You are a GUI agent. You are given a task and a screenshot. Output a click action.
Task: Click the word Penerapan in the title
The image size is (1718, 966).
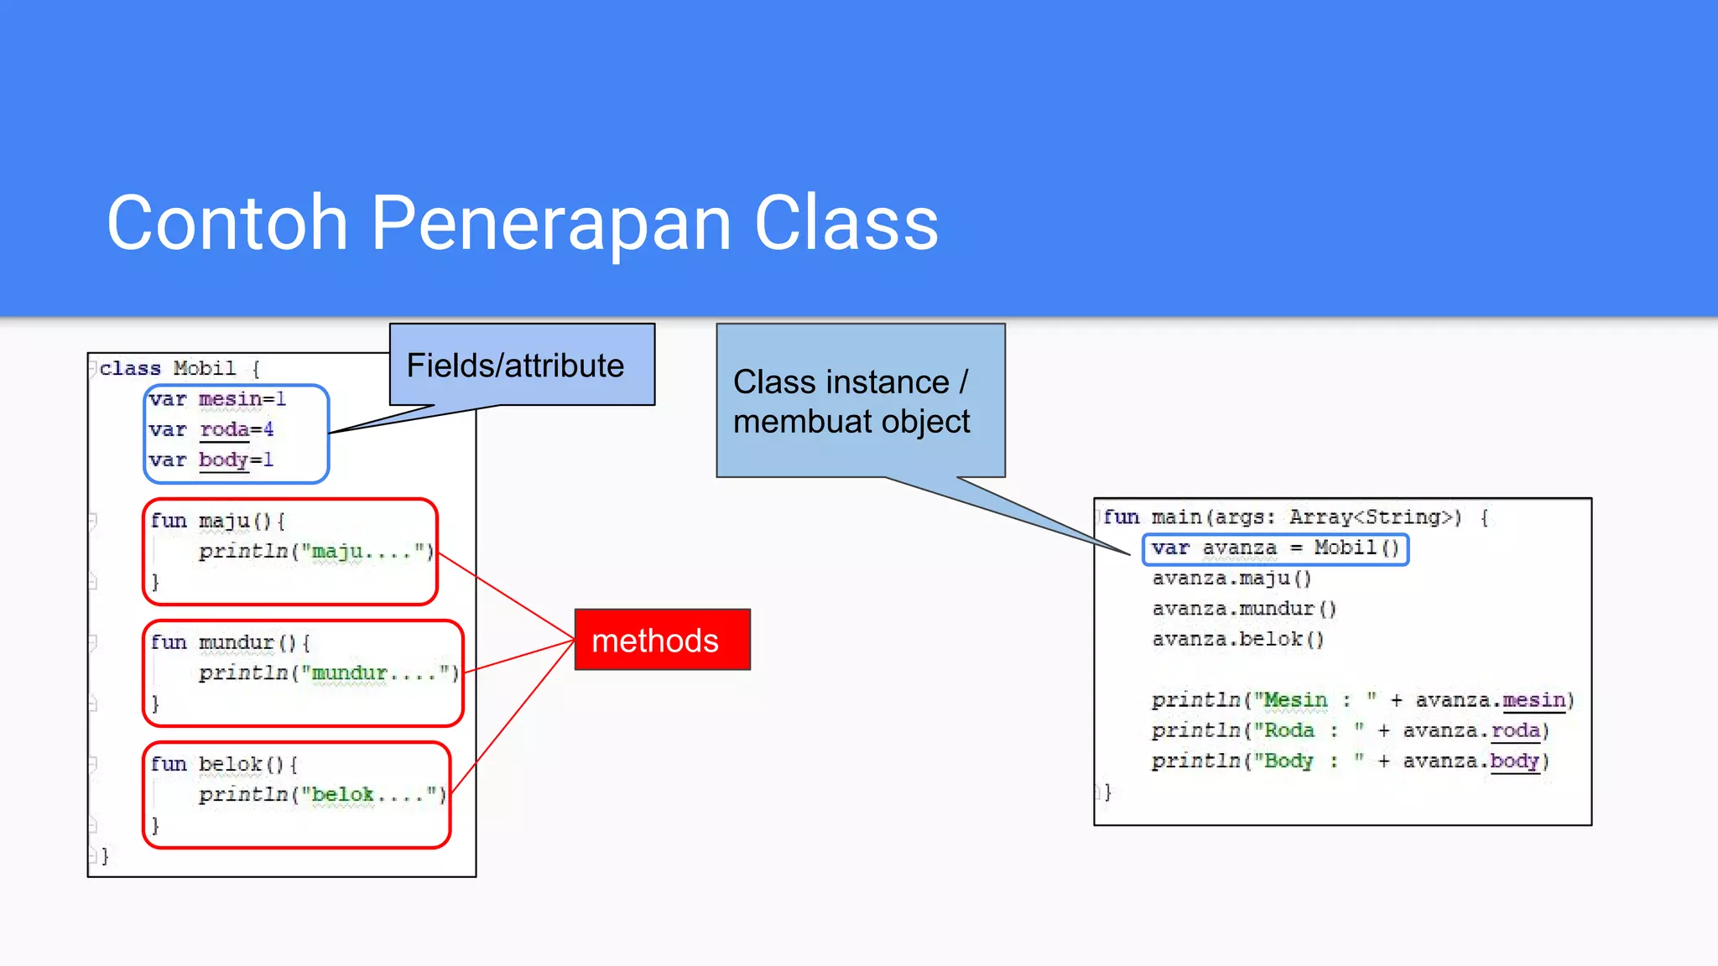(550, 223)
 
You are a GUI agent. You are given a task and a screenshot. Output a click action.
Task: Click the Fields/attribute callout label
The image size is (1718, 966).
(515, 366)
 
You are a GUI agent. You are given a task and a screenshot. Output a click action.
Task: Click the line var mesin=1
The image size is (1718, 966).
(218, 400)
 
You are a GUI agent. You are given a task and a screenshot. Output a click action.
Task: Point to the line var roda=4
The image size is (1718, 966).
(211, 430)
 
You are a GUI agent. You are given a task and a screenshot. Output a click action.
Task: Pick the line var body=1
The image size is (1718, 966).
(211, 460)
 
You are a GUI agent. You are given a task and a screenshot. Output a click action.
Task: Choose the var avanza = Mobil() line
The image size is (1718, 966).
(1275, 548)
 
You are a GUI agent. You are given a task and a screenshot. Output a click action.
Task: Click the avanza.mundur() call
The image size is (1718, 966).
(1244, 609)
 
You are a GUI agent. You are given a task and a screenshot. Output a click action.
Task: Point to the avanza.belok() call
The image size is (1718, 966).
(1238, 640)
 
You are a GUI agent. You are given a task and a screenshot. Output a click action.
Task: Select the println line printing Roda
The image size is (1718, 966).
(1350, 731)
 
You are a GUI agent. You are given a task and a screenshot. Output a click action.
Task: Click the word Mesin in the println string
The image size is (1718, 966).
(1295, 700)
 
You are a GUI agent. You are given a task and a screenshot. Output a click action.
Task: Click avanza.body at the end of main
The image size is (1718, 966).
(1473, 761)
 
